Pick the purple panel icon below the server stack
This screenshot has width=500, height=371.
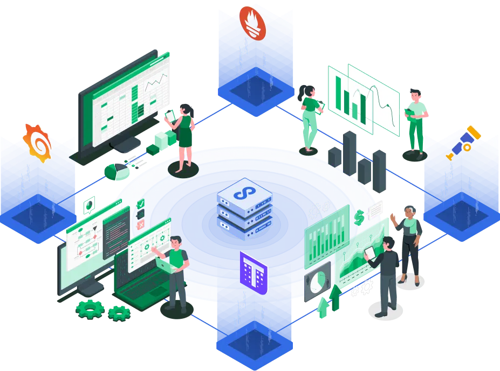254,272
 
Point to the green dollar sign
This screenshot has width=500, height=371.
358,217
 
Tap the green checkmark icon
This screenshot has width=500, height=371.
141,204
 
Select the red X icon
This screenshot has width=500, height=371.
140,223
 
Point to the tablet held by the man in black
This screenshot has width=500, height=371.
369,253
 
